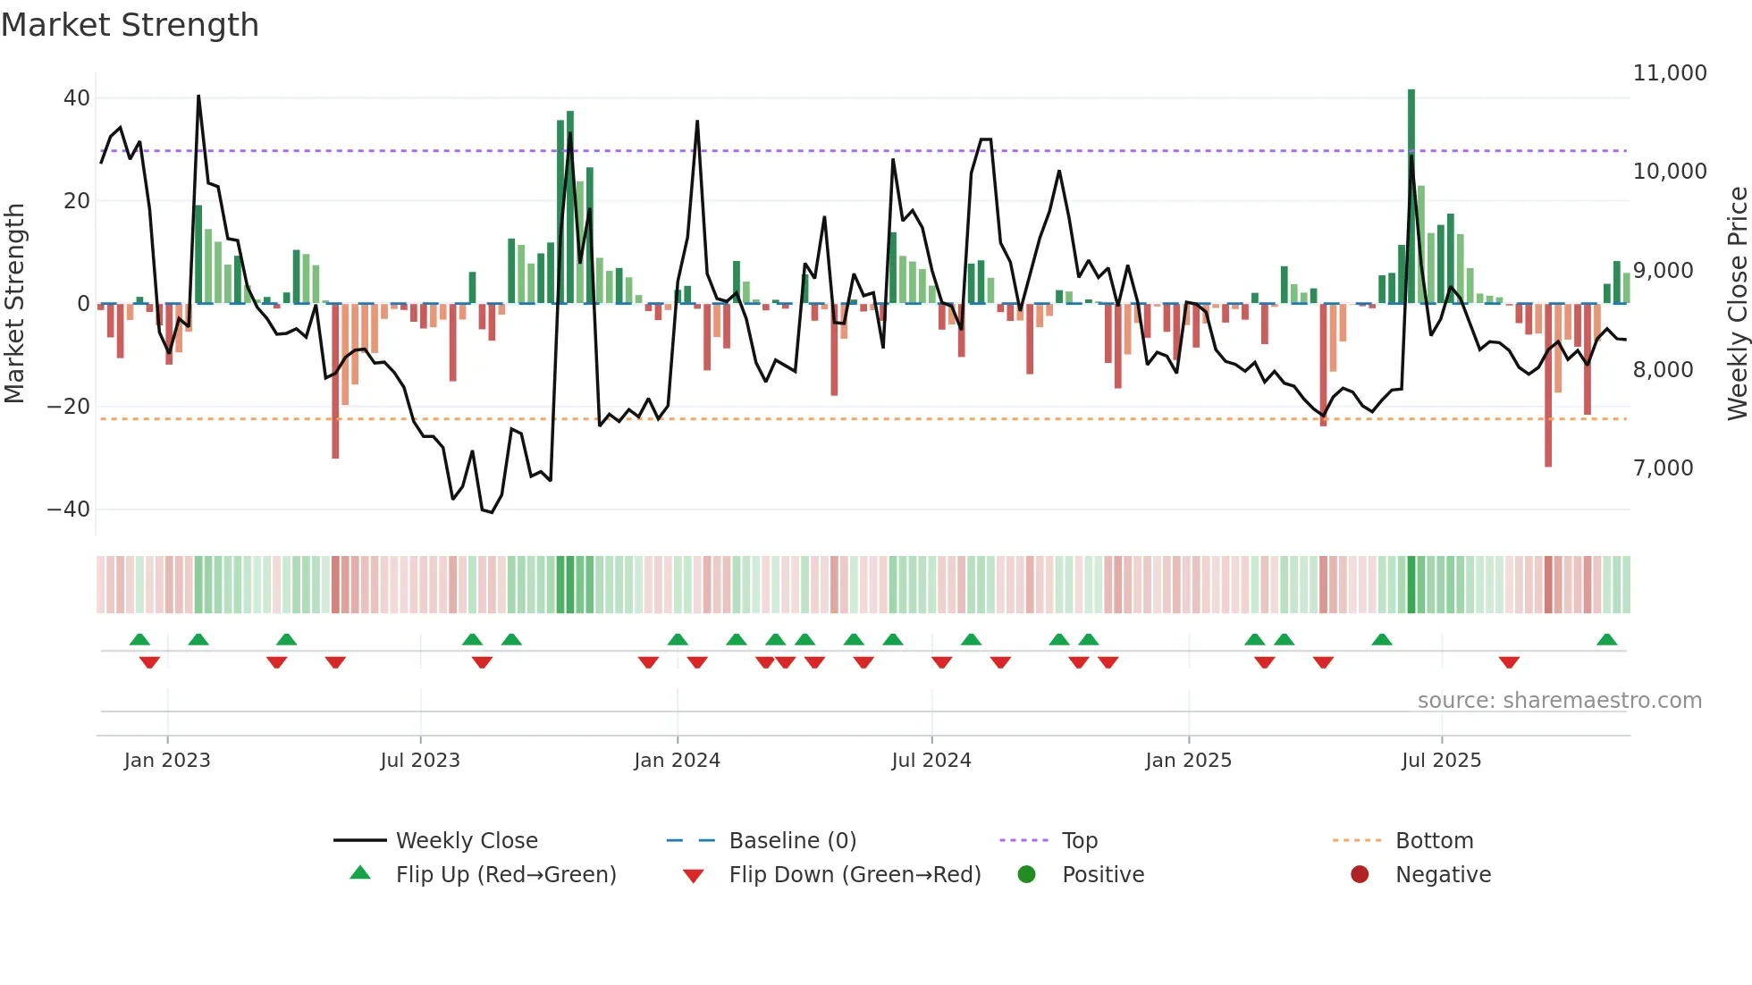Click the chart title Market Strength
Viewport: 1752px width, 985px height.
(x=130, y=25)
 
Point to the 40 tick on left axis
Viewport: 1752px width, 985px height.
(x=77, y=98)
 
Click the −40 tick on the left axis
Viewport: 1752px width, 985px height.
(x=69, y=509)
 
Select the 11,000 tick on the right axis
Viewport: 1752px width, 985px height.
(x=1670, y=73)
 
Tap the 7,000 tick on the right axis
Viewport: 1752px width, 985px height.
(x=1663, y=468)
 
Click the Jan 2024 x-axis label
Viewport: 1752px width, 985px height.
(x=677, y=761)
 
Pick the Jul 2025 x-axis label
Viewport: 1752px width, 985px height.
(x=1441, y=761)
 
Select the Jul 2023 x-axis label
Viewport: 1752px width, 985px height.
(x=420, y=761)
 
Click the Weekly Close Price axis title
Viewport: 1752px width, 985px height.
(x=1737, y=304)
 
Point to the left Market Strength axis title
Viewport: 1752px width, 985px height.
(x=15, y=304)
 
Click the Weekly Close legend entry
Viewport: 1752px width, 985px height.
(x=466, y=841)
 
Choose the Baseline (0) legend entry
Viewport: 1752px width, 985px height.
(x=792, y=841)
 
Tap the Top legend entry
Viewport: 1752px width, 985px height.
(x=1079, y=841)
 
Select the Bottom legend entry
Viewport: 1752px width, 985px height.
(x=1434, y=841)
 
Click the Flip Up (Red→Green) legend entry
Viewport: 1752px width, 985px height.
(x=505, y=875)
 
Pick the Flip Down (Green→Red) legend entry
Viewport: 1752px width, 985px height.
(x=854, y=875)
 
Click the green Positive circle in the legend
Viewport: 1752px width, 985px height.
(x=1027, y=875)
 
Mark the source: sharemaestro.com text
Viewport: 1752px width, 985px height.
(x=1559, y=701)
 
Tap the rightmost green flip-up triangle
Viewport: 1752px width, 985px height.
(x=1606, y=640)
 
